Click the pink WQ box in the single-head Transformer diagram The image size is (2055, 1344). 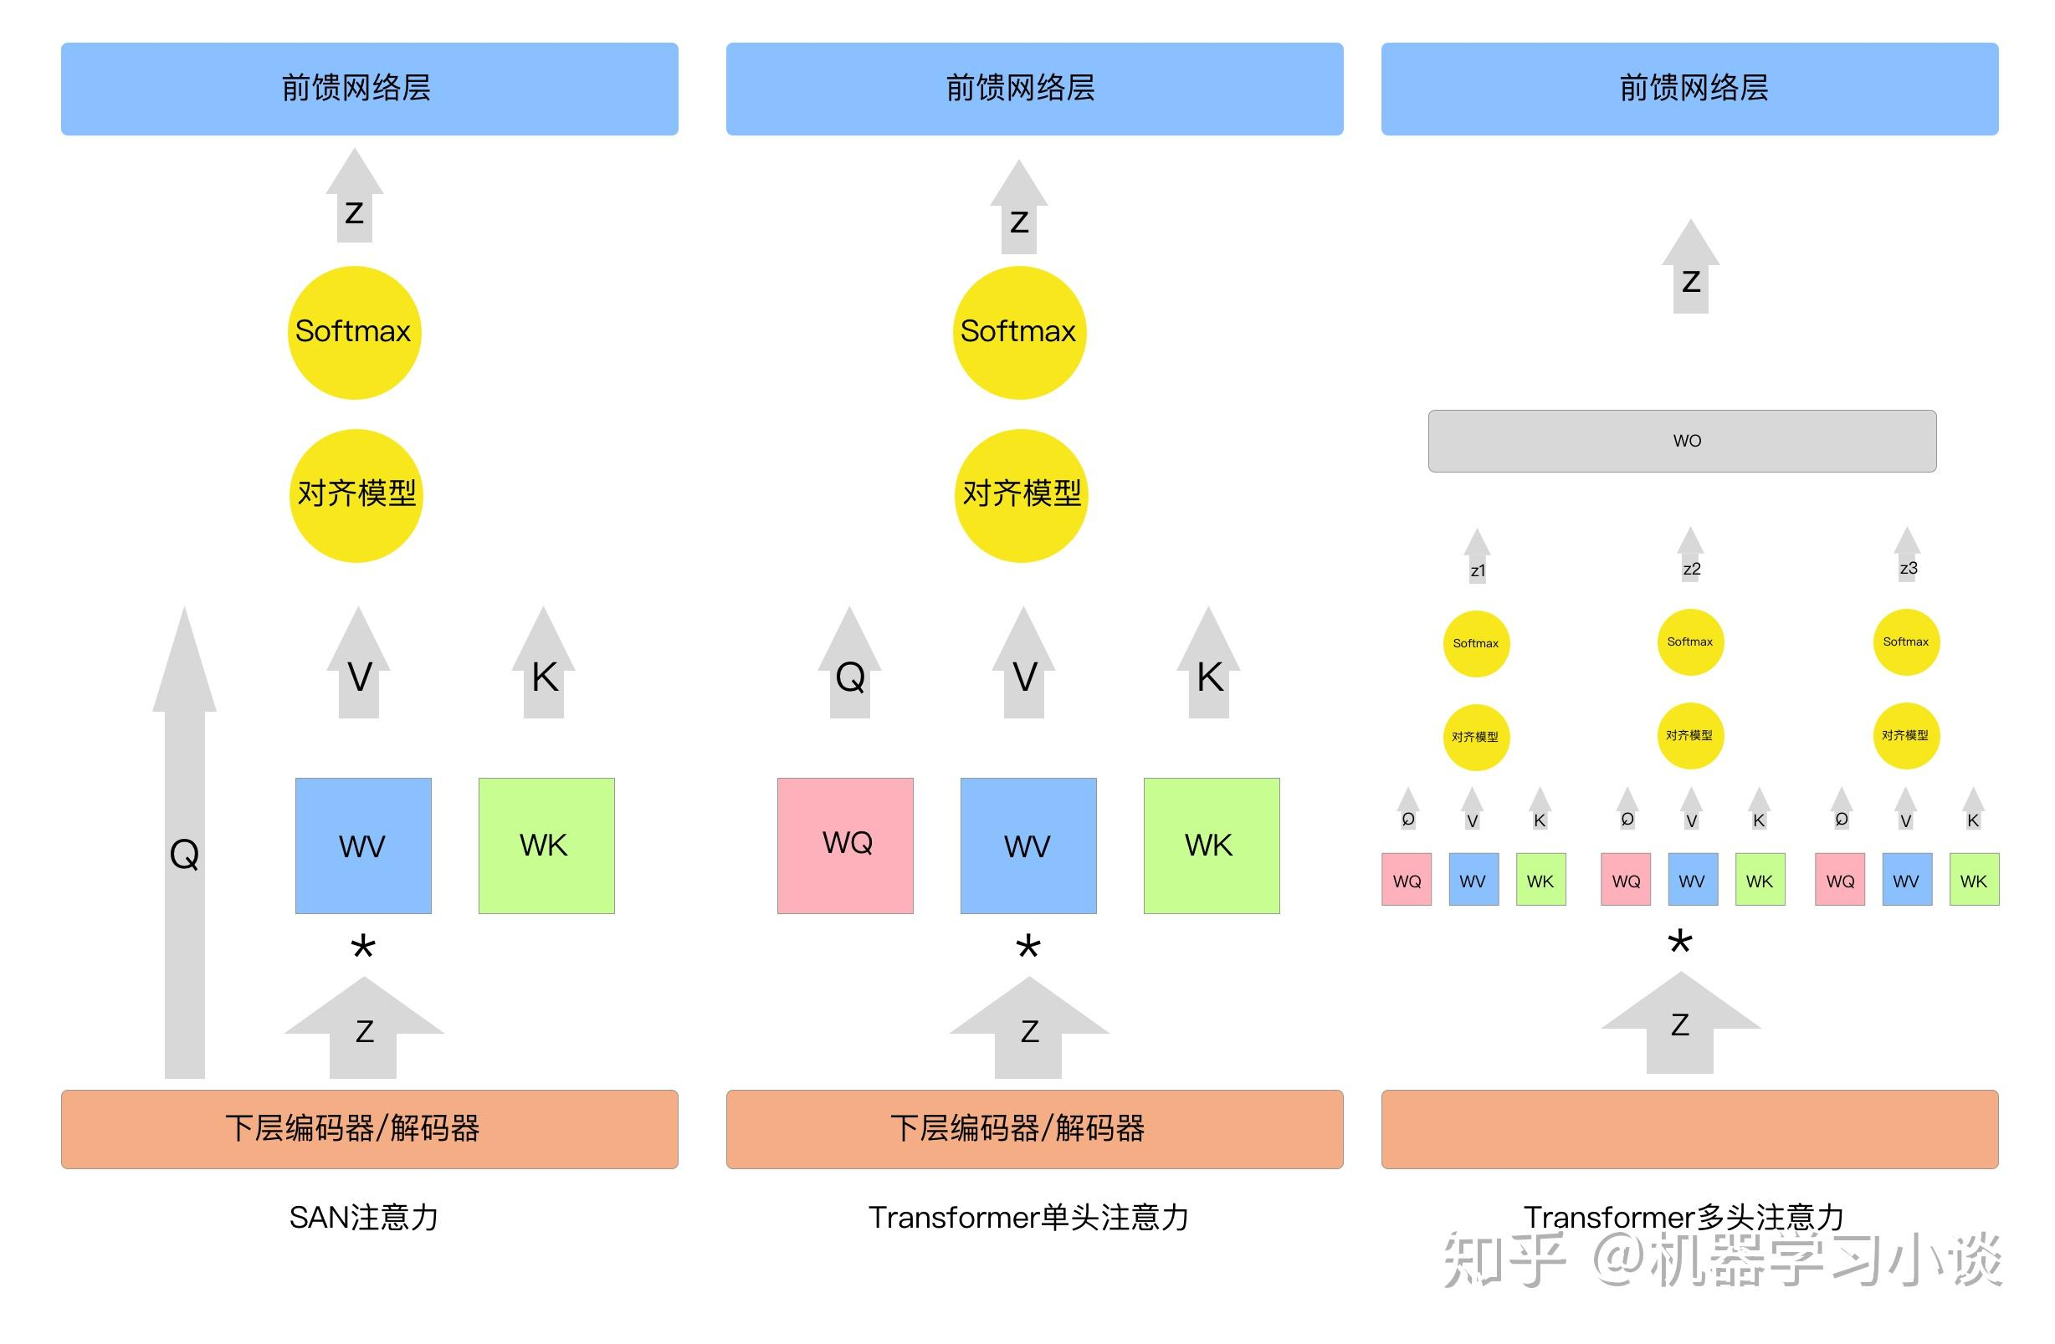pos(844,845)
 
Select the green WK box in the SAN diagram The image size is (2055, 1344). pos(546,845)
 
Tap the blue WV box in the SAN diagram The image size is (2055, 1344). pos(362,845)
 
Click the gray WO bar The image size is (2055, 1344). pos(1681,441)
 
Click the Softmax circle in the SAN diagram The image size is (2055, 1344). pos(354,332)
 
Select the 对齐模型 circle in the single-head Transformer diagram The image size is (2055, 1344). pos(1021,495)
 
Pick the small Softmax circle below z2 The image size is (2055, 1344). pos(1689,642)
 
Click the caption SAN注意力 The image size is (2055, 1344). pos(363,1217)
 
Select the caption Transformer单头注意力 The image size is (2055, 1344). pos(1028,1217)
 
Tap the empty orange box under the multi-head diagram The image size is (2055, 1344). pos(1689,1129)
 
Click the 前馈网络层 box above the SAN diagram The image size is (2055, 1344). pos(370,89)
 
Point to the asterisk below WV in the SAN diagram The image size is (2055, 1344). pos(362,948)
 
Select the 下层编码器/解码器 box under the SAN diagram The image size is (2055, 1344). pos(370,1129)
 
